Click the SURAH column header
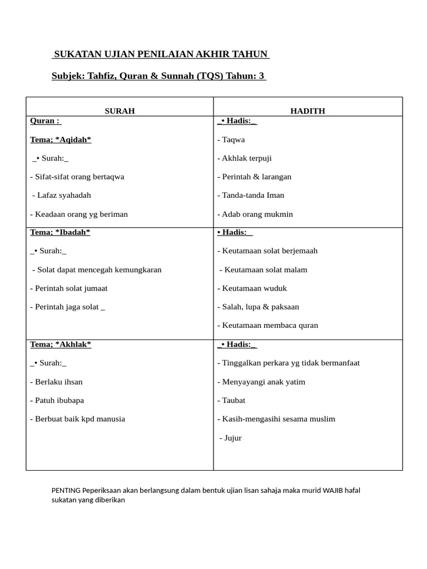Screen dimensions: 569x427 point(120,111)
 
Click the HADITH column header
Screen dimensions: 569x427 point(307,111)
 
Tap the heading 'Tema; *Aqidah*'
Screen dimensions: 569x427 point(61,139)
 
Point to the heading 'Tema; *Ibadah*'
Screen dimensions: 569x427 point(60,232)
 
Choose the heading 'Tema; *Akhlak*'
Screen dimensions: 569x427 point(61,345)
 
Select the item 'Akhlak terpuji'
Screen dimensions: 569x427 point(245,158)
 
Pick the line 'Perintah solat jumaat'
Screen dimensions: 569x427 point(69,288)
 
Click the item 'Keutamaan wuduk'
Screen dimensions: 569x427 point(252,288)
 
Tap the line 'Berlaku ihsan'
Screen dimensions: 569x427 point(56,382)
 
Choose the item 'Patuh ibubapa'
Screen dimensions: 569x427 point(57,400)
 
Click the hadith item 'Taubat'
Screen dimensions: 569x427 point(231,400)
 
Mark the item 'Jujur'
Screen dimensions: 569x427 point(231,438)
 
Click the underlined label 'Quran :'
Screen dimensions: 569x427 point(46,121)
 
